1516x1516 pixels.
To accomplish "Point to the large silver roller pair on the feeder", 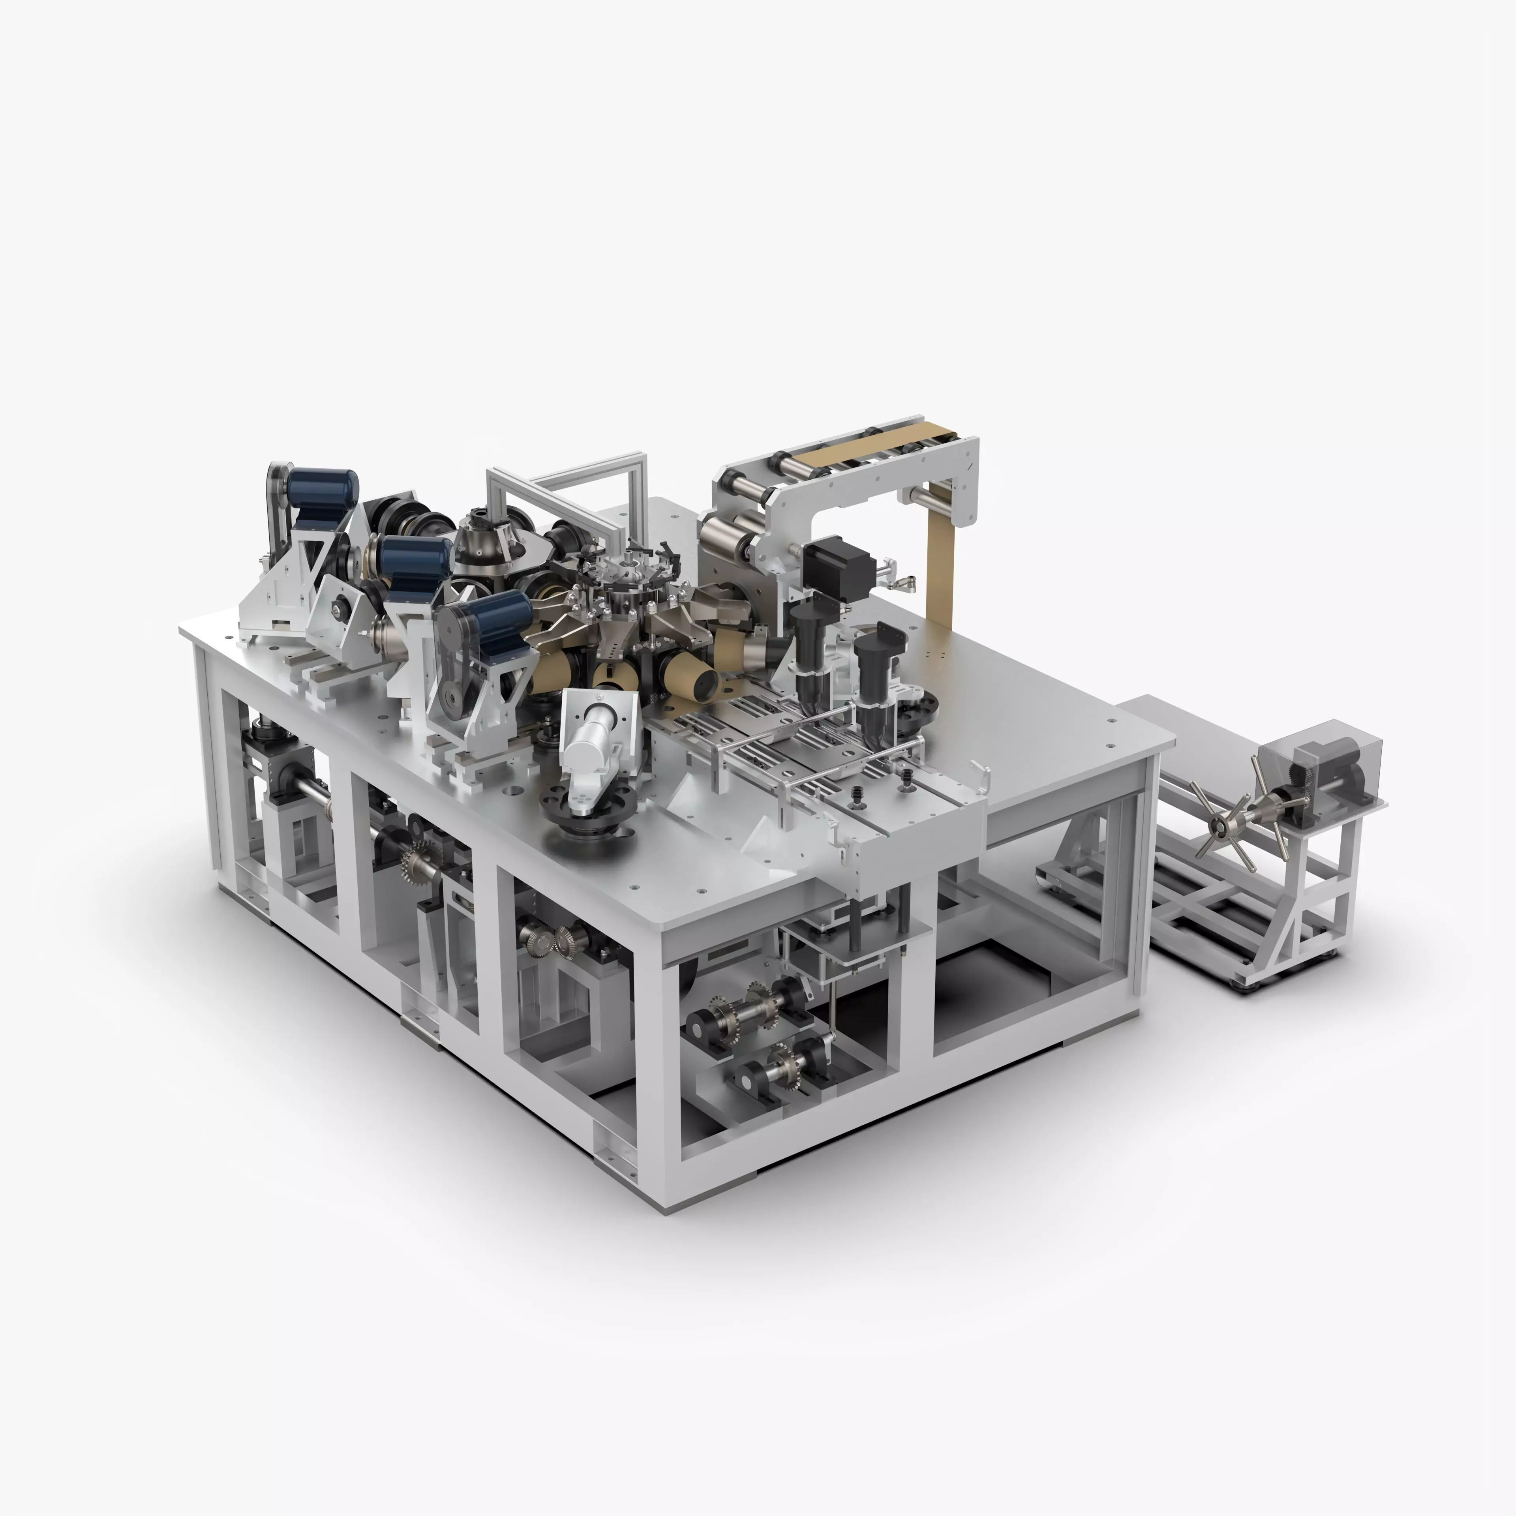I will point(730,534).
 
